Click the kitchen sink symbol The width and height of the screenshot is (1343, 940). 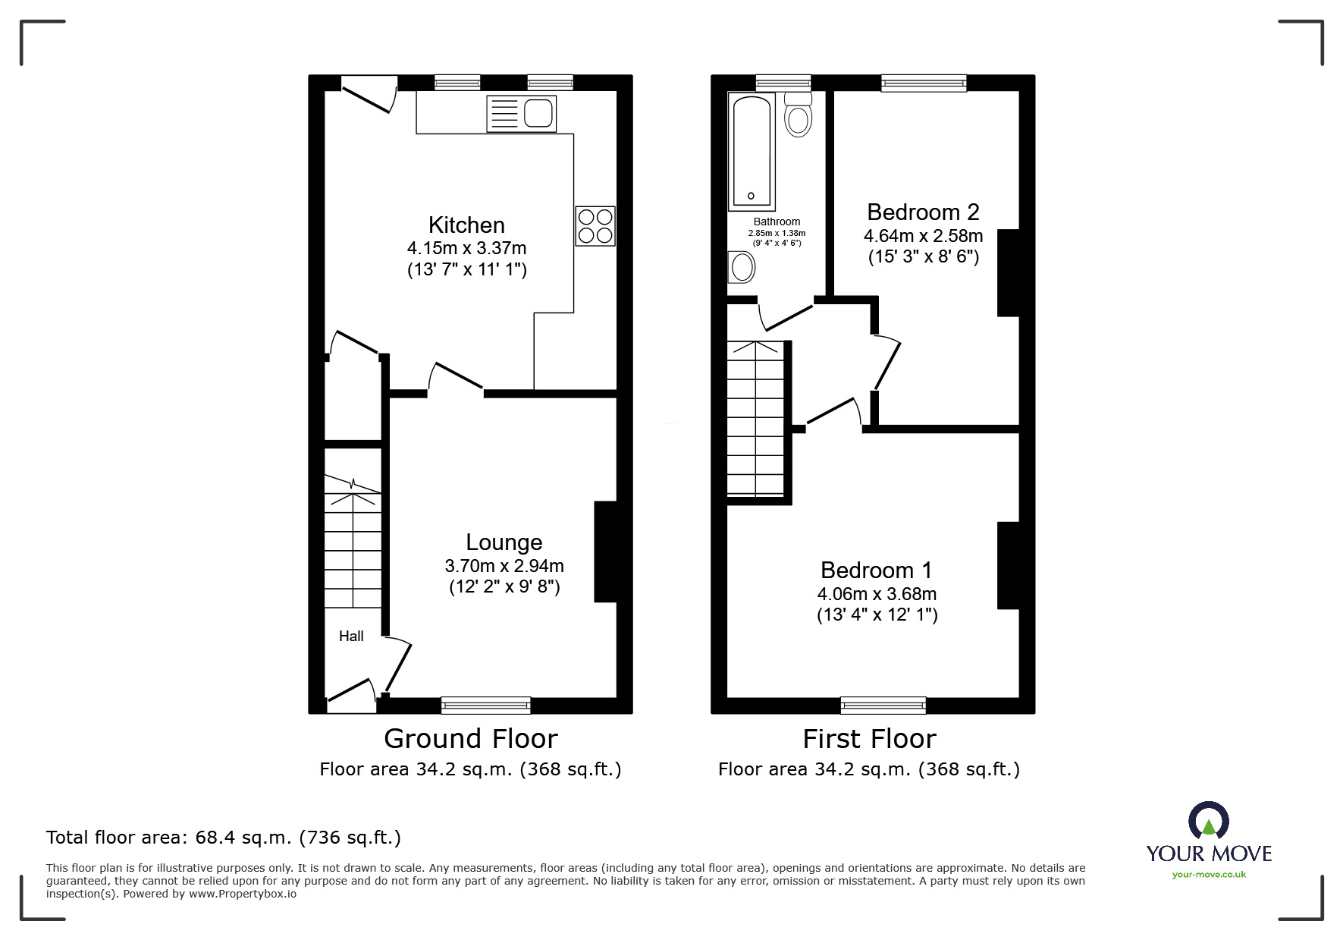[522, 114]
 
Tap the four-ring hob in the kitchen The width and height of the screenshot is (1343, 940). [595, 226]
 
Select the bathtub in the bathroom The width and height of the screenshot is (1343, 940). [752, 151]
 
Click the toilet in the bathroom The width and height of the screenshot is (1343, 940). [798, 115]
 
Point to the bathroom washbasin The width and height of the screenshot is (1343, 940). [742, 267]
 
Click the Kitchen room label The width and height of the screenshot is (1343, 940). [466, 225]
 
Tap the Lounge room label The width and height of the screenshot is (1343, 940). [504, 542]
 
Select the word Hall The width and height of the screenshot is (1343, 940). [351, 636]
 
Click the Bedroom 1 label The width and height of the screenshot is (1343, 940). [877, 570]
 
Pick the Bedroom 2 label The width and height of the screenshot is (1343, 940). [923, 212]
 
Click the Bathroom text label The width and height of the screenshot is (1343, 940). [777, 222]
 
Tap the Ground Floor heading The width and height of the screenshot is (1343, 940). [471, 738]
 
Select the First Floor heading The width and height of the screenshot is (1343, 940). [870, 738]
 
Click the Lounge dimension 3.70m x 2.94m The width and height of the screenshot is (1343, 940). [504, 566]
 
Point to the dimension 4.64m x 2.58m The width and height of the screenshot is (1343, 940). [924, 236]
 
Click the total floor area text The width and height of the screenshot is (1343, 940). [224, 838]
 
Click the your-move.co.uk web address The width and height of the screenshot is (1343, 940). [1209, 875]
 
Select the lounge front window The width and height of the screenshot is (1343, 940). [486, 706]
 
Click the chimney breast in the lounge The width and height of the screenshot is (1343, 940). [605, 552]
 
